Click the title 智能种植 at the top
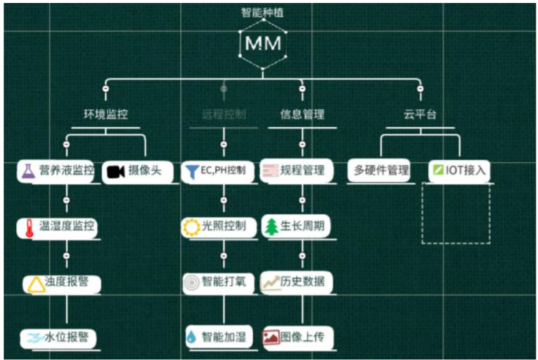click(263, 12)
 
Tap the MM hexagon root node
click(263, 43)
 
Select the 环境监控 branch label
click(106, 114)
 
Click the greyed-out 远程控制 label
click(224, 114)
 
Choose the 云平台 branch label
click(419, 114)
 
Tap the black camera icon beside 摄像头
click(114, 172)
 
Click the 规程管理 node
click(296, 171)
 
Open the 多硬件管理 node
click(380, 171)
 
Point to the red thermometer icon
click(27, 227)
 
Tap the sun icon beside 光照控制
click(191, 227)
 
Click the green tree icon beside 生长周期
click(270, 227)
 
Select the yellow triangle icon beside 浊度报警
click(34, 282)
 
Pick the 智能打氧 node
click(219, 282)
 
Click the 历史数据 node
click(296, 282)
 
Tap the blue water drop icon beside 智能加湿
click(191, 337)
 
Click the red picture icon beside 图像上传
click(270, 337)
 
